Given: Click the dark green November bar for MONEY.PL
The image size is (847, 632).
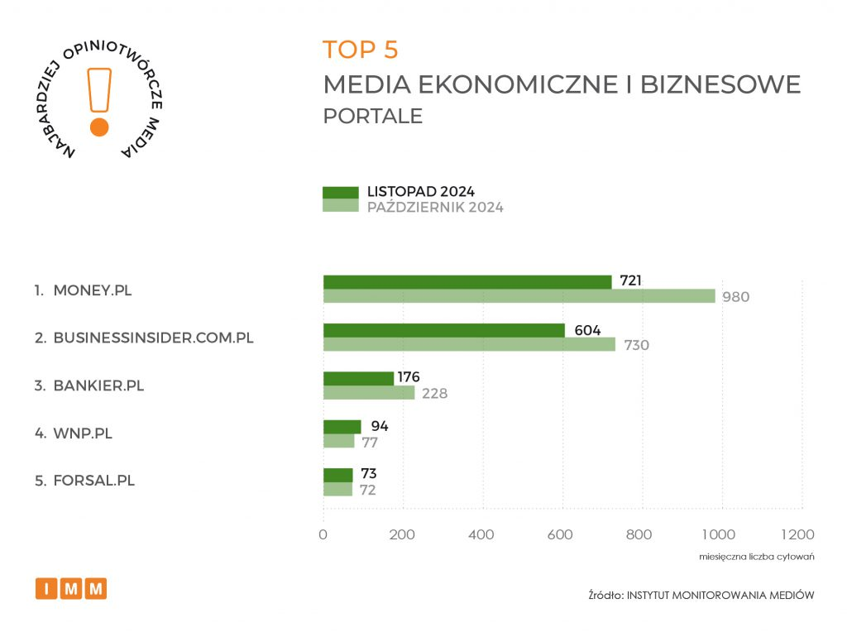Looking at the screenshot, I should coord(467,282).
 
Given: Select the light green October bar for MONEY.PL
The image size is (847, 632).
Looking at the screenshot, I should coord(519,296).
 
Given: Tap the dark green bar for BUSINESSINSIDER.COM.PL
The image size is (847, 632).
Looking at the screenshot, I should coord(444,330).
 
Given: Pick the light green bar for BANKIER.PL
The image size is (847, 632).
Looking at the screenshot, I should coord(369,393).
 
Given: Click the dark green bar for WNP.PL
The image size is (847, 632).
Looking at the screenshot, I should coord(342,427).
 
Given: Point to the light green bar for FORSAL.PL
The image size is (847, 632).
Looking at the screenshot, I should coord(337,489).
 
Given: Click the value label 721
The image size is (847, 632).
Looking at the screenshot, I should coord(629,281).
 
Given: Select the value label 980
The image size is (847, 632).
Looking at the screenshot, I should coord(735,297).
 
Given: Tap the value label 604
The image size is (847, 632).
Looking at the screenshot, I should coord(583,329).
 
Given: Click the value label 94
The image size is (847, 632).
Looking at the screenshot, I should coord(379,427).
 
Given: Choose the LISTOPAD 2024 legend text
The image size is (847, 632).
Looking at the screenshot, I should coord(420,192).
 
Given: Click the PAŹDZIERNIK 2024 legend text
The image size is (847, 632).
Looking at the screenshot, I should coord(435,208).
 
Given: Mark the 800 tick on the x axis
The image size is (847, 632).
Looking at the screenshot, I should coord(639,534).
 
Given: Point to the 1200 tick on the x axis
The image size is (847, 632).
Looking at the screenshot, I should coord(797,534).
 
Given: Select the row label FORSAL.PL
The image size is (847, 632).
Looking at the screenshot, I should coord(93,481).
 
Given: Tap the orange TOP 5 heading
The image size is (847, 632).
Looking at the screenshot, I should coord(361,50).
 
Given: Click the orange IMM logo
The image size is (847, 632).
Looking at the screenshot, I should coord(71,589).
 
